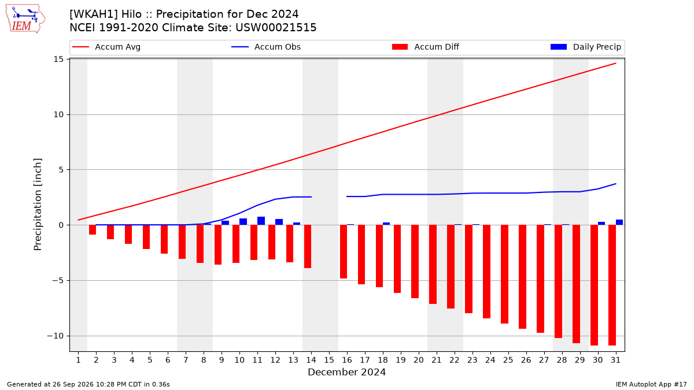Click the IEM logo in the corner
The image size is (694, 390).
(x=25, y=18)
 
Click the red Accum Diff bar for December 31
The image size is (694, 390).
(x=612, y=285)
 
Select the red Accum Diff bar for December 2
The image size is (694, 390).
(x=93, y=230)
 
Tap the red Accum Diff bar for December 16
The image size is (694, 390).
(x=344, y=252)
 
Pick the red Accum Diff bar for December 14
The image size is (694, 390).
(x=308, y=246)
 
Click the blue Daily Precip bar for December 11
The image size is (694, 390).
(x=261, y=221)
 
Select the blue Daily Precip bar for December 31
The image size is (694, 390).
(x=619, y=222)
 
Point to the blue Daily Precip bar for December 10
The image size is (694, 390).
(x=243, y=222)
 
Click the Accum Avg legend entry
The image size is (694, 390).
(x=106, y=47)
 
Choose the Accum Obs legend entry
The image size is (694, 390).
(x=266, y=47)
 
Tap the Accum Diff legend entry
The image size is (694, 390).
(x=426, y=47)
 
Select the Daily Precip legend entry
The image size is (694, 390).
(x=585, y=47)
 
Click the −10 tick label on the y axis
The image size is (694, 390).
(x=55, y=336)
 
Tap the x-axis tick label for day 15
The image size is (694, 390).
(x=329, y=360)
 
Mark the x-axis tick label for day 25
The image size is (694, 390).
(x=508, y=360)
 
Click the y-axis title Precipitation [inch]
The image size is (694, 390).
(x=38, y=205)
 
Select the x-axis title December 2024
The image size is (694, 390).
(x=346, y=372)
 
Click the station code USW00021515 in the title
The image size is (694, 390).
(x=276, y=28)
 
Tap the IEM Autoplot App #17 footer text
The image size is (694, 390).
(x=651, y=384)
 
